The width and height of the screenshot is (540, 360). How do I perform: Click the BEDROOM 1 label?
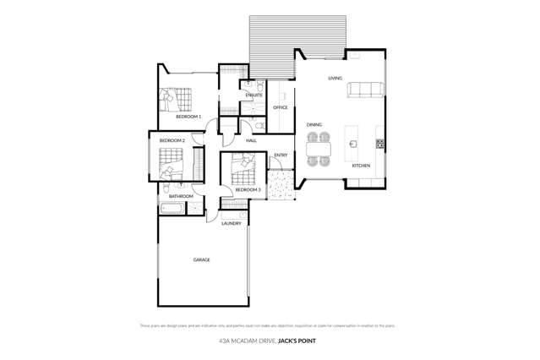point(188,117)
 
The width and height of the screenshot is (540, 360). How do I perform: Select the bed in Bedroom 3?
point(243,170)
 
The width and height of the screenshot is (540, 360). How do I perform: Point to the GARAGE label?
point(201,259)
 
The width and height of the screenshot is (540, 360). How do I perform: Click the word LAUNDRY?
point(232,223)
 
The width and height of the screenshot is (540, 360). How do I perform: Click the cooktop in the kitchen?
point(379,144)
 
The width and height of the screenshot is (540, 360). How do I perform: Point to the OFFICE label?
point(281,108)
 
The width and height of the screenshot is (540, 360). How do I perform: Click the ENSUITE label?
point(254,95)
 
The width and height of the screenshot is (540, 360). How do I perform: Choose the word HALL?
point(251,140)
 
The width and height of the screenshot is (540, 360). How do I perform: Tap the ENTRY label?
point(281,155)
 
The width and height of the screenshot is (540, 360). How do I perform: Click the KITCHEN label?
point(361,166)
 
